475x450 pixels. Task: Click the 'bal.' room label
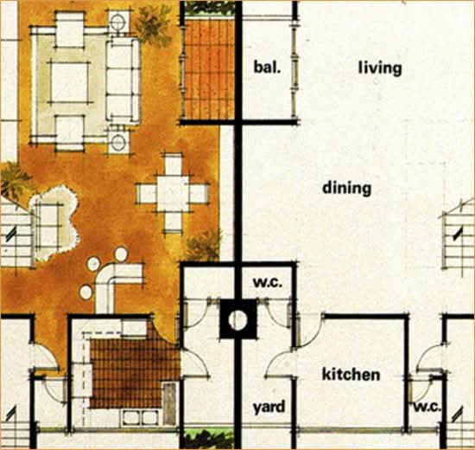point(267,67)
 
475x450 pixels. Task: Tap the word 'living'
point(380,68)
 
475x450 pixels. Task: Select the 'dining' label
point(346,188)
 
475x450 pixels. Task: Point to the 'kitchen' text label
point(351,374)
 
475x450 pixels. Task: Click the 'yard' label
point(269,408)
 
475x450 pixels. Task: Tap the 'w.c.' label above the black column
point(268,283)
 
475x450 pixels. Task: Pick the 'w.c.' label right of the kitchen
point(427,408)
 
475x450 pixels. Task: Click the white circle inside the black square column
point(238,319)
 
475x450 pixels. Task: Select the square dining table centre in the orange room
point(173,194)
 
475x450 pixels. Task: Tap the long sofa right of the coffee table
point(123,80)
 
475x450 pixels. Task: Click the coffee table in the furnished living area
point(69,82)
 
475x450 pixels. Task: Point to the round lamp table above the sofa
point(119,22)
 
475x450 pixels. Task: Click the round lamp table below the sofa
point(118,142)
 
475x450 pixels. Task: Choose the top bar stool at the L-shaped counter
point(121,254)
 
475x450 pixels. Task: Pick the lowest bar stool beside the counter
point(86,292)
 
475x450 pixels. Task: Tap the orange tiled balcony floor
point(209,68)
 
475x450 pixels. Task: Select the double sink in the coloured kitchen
point(140,418)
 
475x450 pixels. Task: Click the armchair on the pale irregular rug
point(48,225)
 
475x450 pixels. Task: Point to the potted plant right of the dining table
point(204,247)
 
